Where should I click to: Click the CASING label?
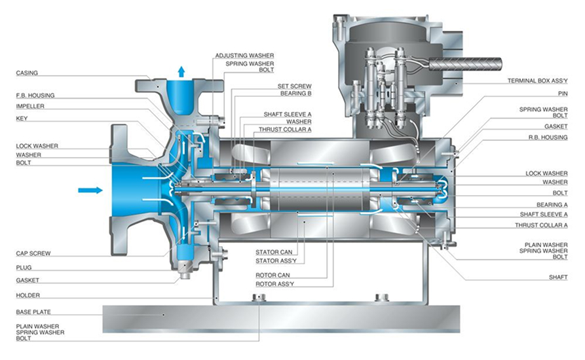pos(27,73)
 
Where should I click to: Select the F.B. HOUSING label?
pos(35,96)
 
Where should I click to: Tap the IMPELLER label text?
pos(30,106)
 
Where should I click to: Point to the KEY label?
pos(22,118)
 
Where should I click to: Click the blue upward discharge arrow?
pos(181,71)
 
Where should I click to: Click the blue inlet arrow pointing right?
pos(90,190)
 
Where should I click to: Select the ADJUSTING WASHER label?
pos(244,56)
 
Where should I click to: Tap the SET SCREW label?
pos(294,86)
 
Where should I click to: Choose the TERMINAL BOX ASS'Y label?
pos(537,81)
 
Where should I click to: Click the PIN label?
pos(563,94)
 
